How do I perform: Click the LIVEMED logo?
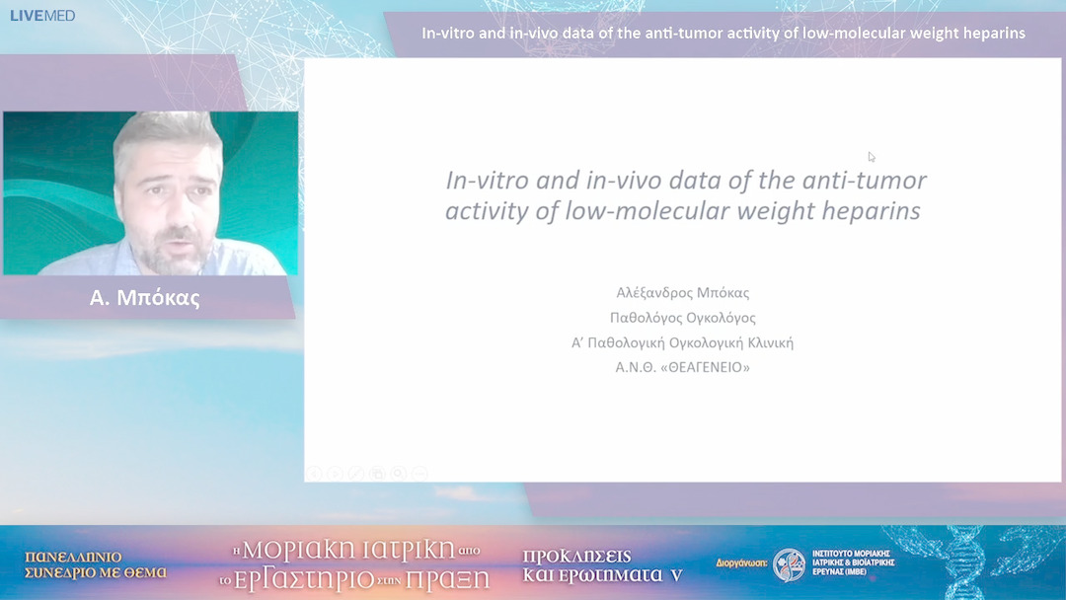[42, 16]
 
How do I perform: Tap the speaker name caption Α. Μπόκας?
[144, 298]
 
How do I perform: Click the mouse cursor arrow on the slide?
[872, 157]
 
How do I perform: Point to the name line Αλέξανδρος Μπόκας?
[682, 293]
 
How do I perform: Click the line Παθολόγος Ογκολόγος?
[682, 318]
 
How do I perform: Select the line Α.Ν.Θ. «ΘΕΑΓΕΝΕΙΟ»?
[682, 367]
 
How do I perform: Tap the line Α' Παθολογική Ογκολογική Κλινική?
[682, 342]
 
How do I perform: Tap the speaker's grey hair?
[163, 133]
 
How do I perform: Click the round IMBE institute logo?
[789, 565]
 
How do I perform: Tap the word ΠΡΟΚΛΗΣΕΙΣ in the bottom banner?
[576, 556]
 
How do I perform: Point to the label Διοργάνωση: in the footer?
[740, 564]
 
